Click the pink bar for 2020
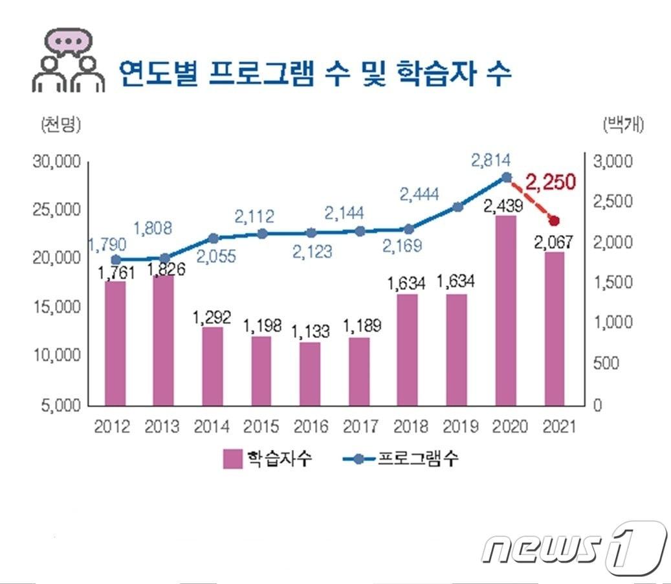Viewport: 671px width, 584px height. [x=506, y=311]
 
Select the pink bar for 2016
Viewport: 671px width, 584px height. [x=310, y=374]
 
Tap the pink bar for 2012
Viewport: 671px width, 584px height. [x=115, y=343]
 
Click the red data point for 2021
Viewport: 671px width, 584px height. [x=553, y=221]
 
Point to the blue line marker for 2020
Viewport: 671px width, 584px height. [x=506, y=177]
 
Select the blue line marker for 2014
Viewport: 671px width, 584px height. [x=214, y=238]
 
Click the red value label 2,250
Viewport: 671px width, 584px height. [x=550, y=182]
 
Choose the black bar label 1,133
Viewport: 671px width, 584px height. [x=310, y=331]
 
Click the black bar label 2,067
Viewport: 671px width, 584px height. [x=554, y=242]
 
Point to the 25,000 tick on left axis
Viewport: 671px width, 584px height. [x=56, y=210]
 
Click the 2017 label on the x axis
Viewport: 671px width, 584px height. [x=360, y=427]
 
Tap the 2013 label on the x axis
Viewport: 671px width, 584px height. [x=163, y=427]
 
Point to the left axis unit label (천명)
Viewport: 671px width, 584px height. [x=60, y=124]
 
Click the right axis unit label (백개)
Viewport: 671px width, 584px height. [x=622, y=124]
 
